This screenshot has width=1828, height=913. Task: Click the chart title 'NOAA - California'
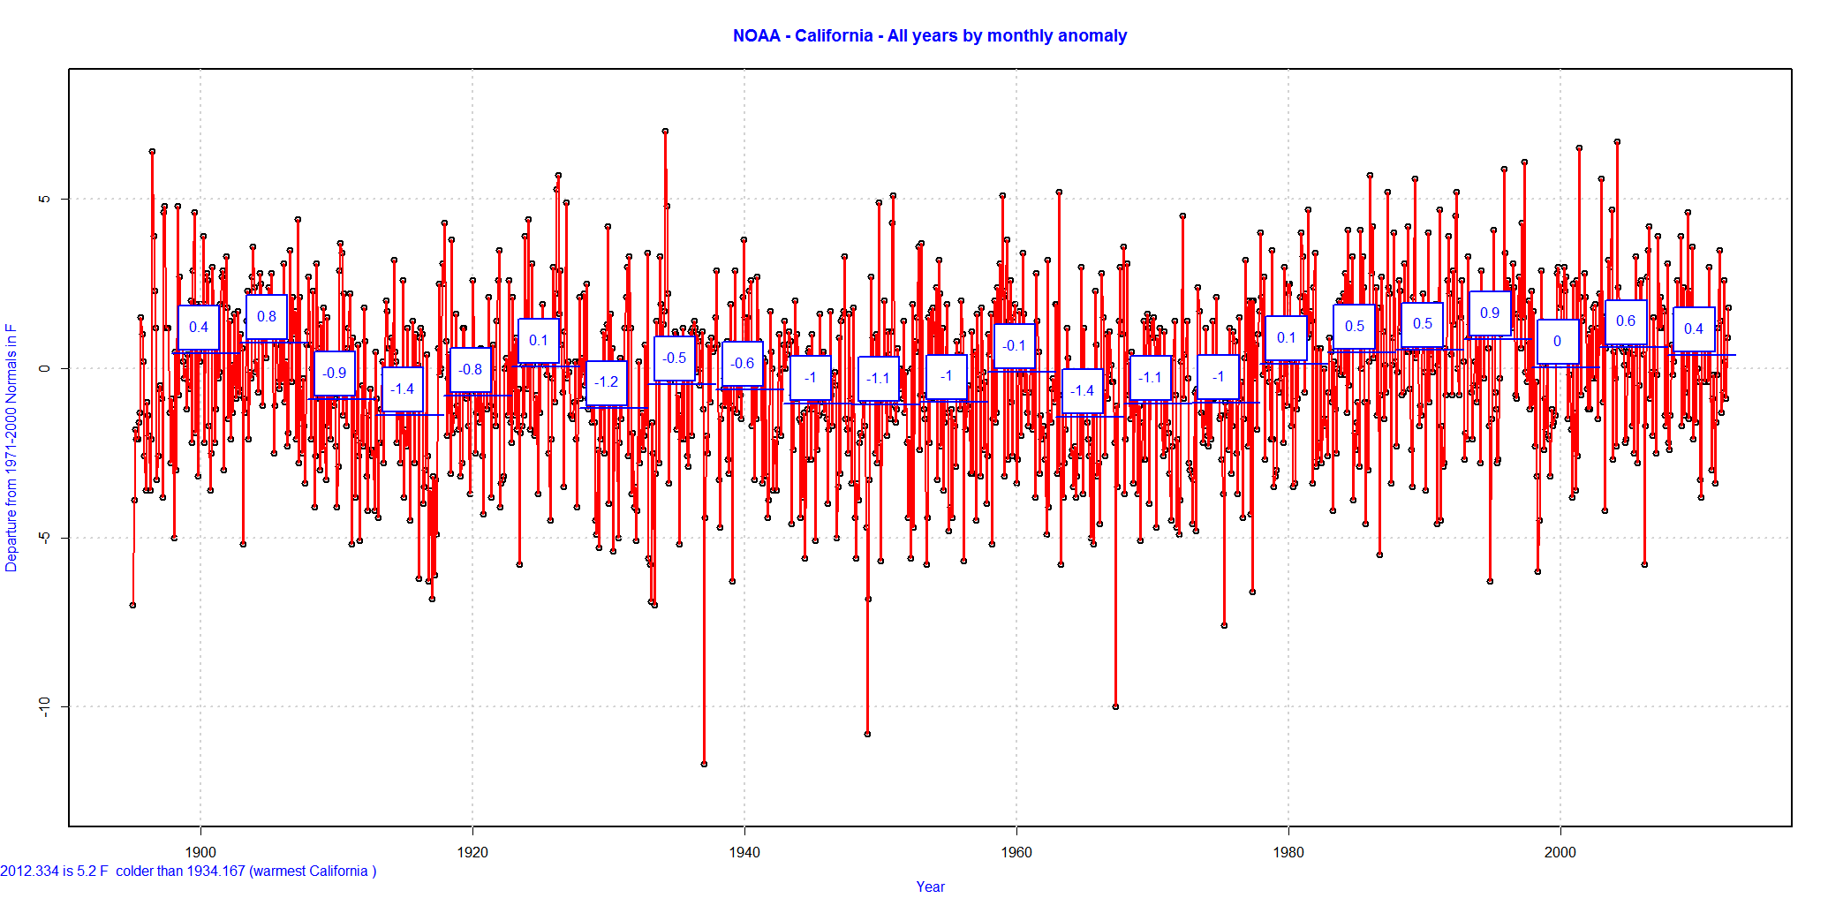tap(929, 36)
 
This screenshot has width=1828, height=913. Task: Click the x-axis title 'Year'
tap(930, 887)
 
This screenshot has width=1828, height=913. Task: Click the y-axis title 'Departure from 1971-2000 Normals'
tap(11, 448)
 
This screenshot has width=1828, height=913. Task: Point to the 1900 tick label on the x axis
tap(200, 852)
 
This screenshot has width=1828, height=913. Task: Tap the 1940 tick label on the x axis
tap(744, 852)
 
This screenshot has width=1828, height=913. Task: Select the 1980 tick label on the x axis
tap(1288, 852)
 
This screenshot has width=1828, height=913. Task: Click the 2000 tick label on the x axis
tap(1560, 852)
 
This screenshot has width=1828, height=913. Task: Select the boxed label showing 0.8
tap(267, 317)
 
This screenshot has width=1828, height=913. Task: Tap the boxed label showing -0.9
tap(335, 373)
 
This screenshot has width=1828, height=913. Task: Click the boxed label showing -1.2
tap(607, 382)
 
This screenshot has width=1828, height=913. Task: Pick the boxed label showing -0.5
tap(675, 358)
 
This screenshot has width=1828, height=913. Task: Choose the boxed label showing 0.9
tap(1490, 313)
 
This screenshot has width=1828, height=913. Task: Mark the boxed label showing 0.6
tap(1626, 321)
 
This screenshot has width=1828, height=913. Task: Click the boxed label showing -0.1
tap(1015, 346)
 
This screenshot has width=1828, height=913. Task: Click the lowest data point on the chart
tap(704, 764)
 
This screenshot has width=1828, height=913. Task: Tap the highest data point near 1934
tap(665, 131)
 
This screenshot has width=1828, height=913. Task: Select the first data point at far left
tap(132, 605)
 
